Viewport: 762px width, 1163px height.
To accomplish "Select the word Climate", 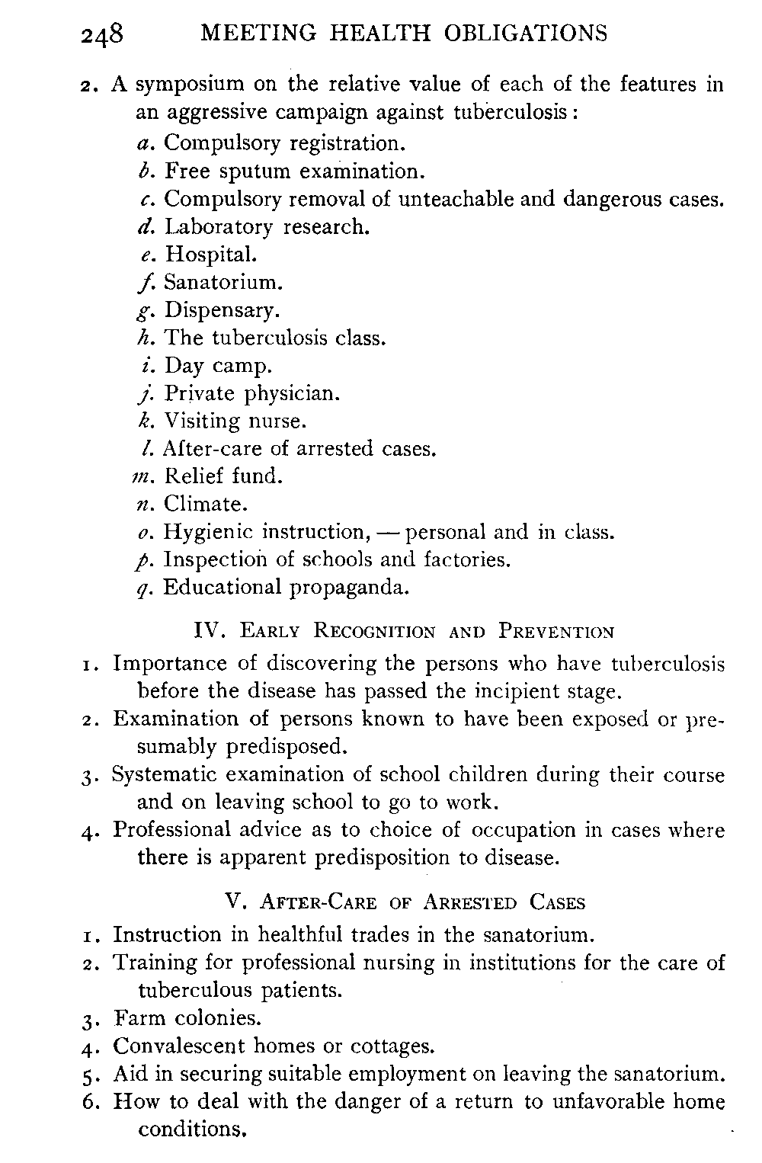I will click(x=206, y=504).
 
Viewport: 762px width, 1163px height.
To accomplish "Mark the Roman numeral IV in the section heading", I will click(x=208, y=631).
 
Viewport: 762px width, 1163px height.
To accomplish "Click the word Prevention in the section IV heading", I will click(x=556, y=632).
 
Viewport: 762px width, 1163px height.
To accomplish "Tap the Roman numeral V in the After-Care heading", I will click(x=235, y=902).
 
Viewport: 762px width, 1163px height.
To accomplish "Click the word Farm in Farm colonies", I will click(x=140, y=1018).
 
